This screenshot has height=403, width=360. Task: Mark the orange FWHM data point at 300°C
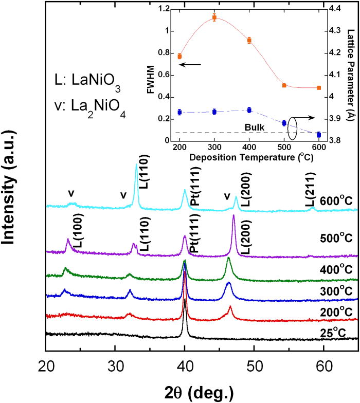(214, 18)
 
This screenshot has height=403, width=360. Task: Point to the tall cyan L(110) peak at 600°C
(136, 166)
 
